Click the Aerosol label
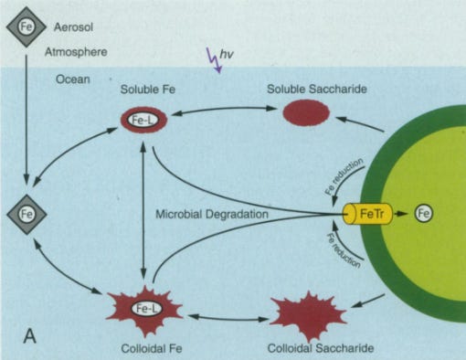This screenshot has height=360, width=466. click(73, 27)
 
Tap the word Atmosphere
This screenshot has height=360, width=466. click(76, 52)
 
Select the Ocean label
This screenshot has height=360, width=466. click(73, 79)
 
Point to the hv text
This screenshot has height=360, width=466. click(227, 54)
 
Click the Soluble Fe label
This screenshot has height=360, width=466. click(148, 90)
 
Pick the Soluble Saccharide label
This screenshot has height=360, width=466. click(317, 89)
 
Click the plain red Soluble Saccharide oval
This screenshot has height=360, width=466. click(306, 112)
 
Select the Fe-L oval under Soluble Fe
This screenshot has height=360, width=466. click(144, 120)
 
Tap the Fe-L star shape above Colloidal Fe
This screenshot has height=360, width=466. click(145, 310)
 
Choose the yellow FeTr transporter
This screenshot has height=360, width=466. click(368, 214)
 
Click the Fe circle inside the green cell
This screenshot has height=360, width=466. click(424, 213)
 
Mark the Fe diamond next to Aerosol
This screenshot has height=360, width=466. click(26, 26)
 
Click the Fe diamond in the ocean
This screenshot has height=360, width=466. click(26, 214)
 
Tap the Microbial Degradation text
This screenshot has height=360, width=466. click(212, 214)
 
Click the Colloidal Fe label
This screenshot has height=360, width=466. click(152, 348)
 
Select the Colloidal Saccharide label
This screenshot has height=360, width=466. click(321, 348)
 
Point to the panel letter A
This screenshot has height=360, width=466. click(30, 336)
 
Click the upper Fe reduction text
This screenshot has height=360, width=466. click(344, 176)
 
